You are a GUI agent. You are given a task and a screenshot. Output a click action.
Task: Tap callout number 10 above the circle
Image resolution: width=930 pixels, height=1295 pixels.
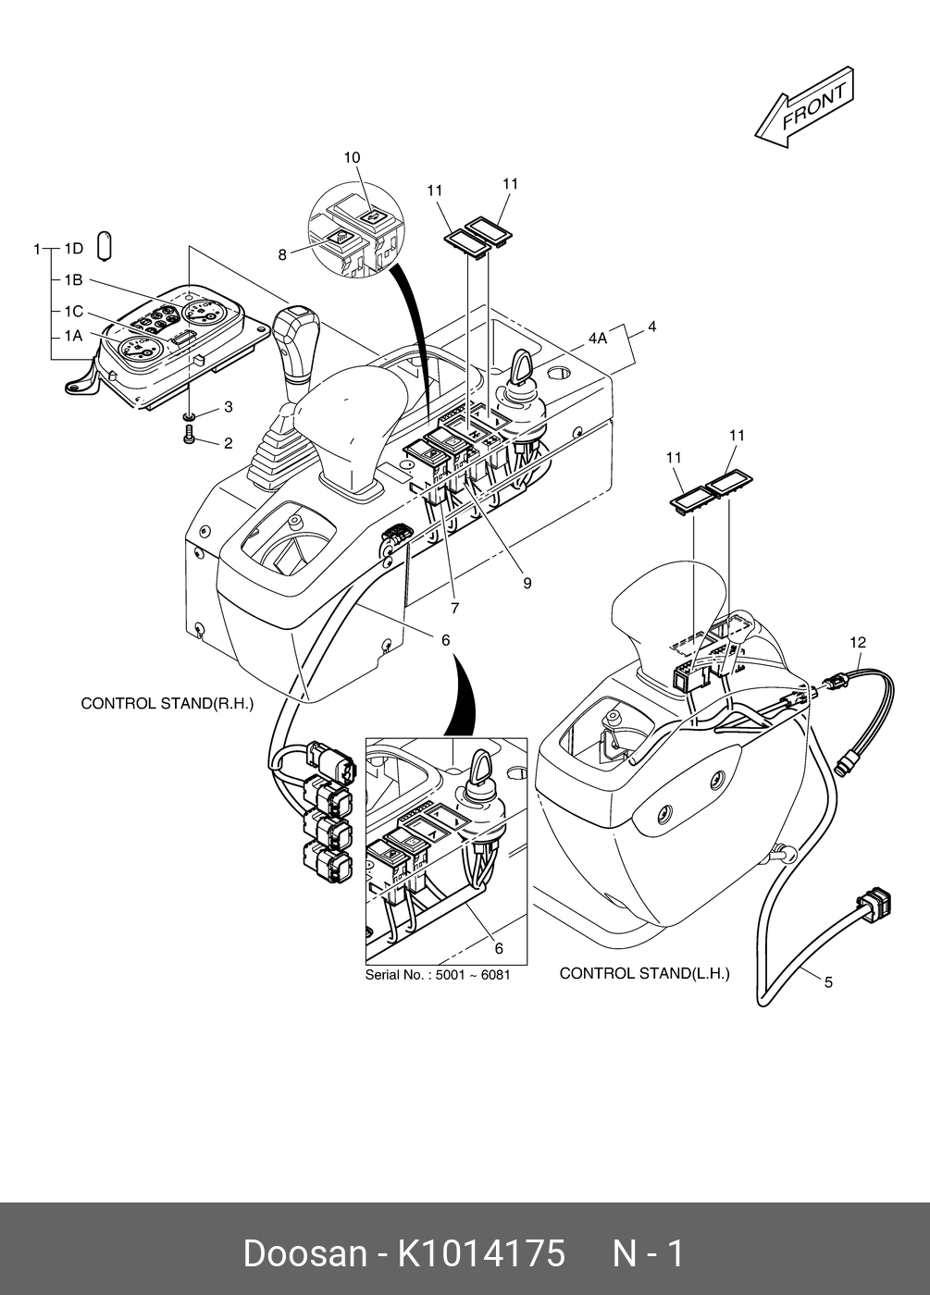(x=352, y=158)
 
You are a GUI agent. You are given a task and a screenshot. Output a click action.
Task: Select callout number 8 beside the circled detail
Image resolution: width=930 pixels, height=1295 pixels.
(x=283, y=255)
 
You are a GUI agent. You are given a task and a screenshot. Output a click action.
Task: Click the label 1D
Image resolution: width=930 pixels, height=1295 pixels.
(x=73, y=249)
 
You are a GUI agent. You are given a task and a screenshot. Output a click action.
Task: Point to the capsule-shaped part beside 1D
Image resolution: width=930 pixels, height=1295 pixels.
(x=105, y=246)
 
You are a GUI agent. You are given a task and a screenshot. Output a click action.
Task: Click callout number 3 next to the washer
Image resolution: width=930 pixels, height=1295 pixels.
(x=228, y=407)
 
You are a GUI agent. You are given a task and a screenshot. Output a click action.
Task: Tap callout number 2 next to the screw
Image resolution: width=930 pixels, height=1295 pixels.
(x=228, y=443)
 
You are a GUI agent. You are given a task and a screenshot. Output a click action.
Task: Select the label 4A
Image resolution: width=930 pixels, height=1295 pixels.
(x=597, y=339)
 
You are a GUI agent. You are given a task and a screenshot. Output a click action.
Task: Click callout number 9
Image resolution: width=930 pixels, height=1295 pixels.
(x=527, y=584)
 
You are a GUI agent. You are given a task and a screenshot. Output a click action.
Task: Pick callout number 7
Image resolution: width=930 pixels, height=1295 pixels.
(x=455, y=609)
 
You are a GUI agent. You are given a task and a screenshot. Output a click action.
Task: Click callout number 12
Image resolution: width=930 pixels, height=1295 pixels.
(x=858, y=642)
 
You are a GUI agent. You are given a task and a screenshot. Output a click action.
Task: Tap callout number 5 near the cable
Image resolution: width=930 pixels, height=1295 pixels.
(x=828, y=981)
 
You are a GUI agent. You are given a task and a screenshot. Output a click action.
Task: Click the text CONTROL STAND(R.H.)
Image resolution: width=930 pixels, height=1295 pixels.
(x=167, y=703)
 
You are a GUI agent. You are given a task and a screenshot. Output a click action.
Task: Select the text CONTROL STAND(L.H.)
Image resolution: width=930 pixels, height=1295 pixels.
(x=644, y=973)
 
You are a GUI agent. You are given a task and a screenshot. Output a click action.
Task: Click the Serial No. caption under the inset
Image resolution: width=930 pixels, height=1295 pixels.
(x=438, y=975)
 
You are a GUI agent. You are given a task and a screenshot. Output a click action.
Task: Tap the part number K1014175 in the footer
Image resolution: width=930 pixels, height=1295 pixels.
(x=481, y=1253)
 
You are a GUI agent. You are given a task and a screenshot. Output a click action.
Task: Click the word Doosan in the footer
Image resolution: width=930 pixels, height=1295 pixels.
(x=304, y=1253)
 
